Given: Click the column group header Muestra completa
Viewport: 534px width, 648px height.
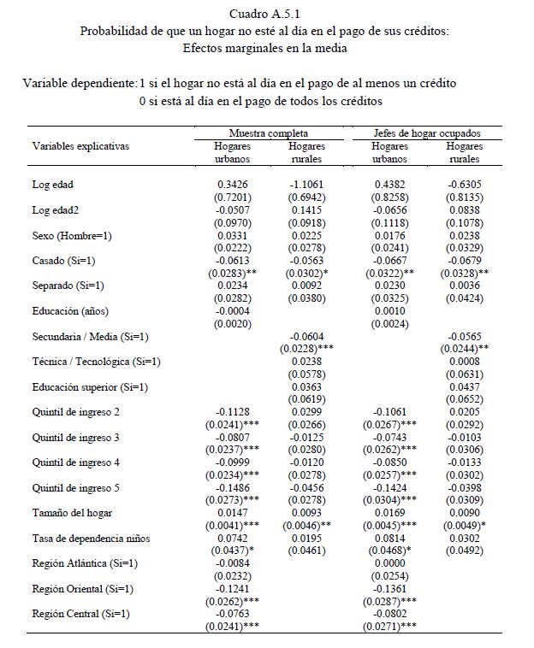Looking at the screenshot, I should click(268, 134).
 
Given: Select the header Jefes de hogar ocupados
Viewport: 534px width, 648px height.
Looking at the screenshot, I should click(427, 134).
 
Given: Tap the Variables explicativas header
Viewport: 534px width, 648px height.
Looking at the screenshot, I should click(80, 146).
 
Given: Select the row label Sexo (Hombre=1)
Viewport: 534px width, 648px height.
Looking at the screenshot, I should click(73, 236).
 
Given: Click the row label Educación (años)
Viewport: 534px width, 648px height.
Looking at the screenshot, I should click(71, 311).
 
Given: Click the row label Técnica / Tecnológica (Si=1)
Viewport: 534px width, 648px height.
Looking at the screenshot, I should click(97, 362).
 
